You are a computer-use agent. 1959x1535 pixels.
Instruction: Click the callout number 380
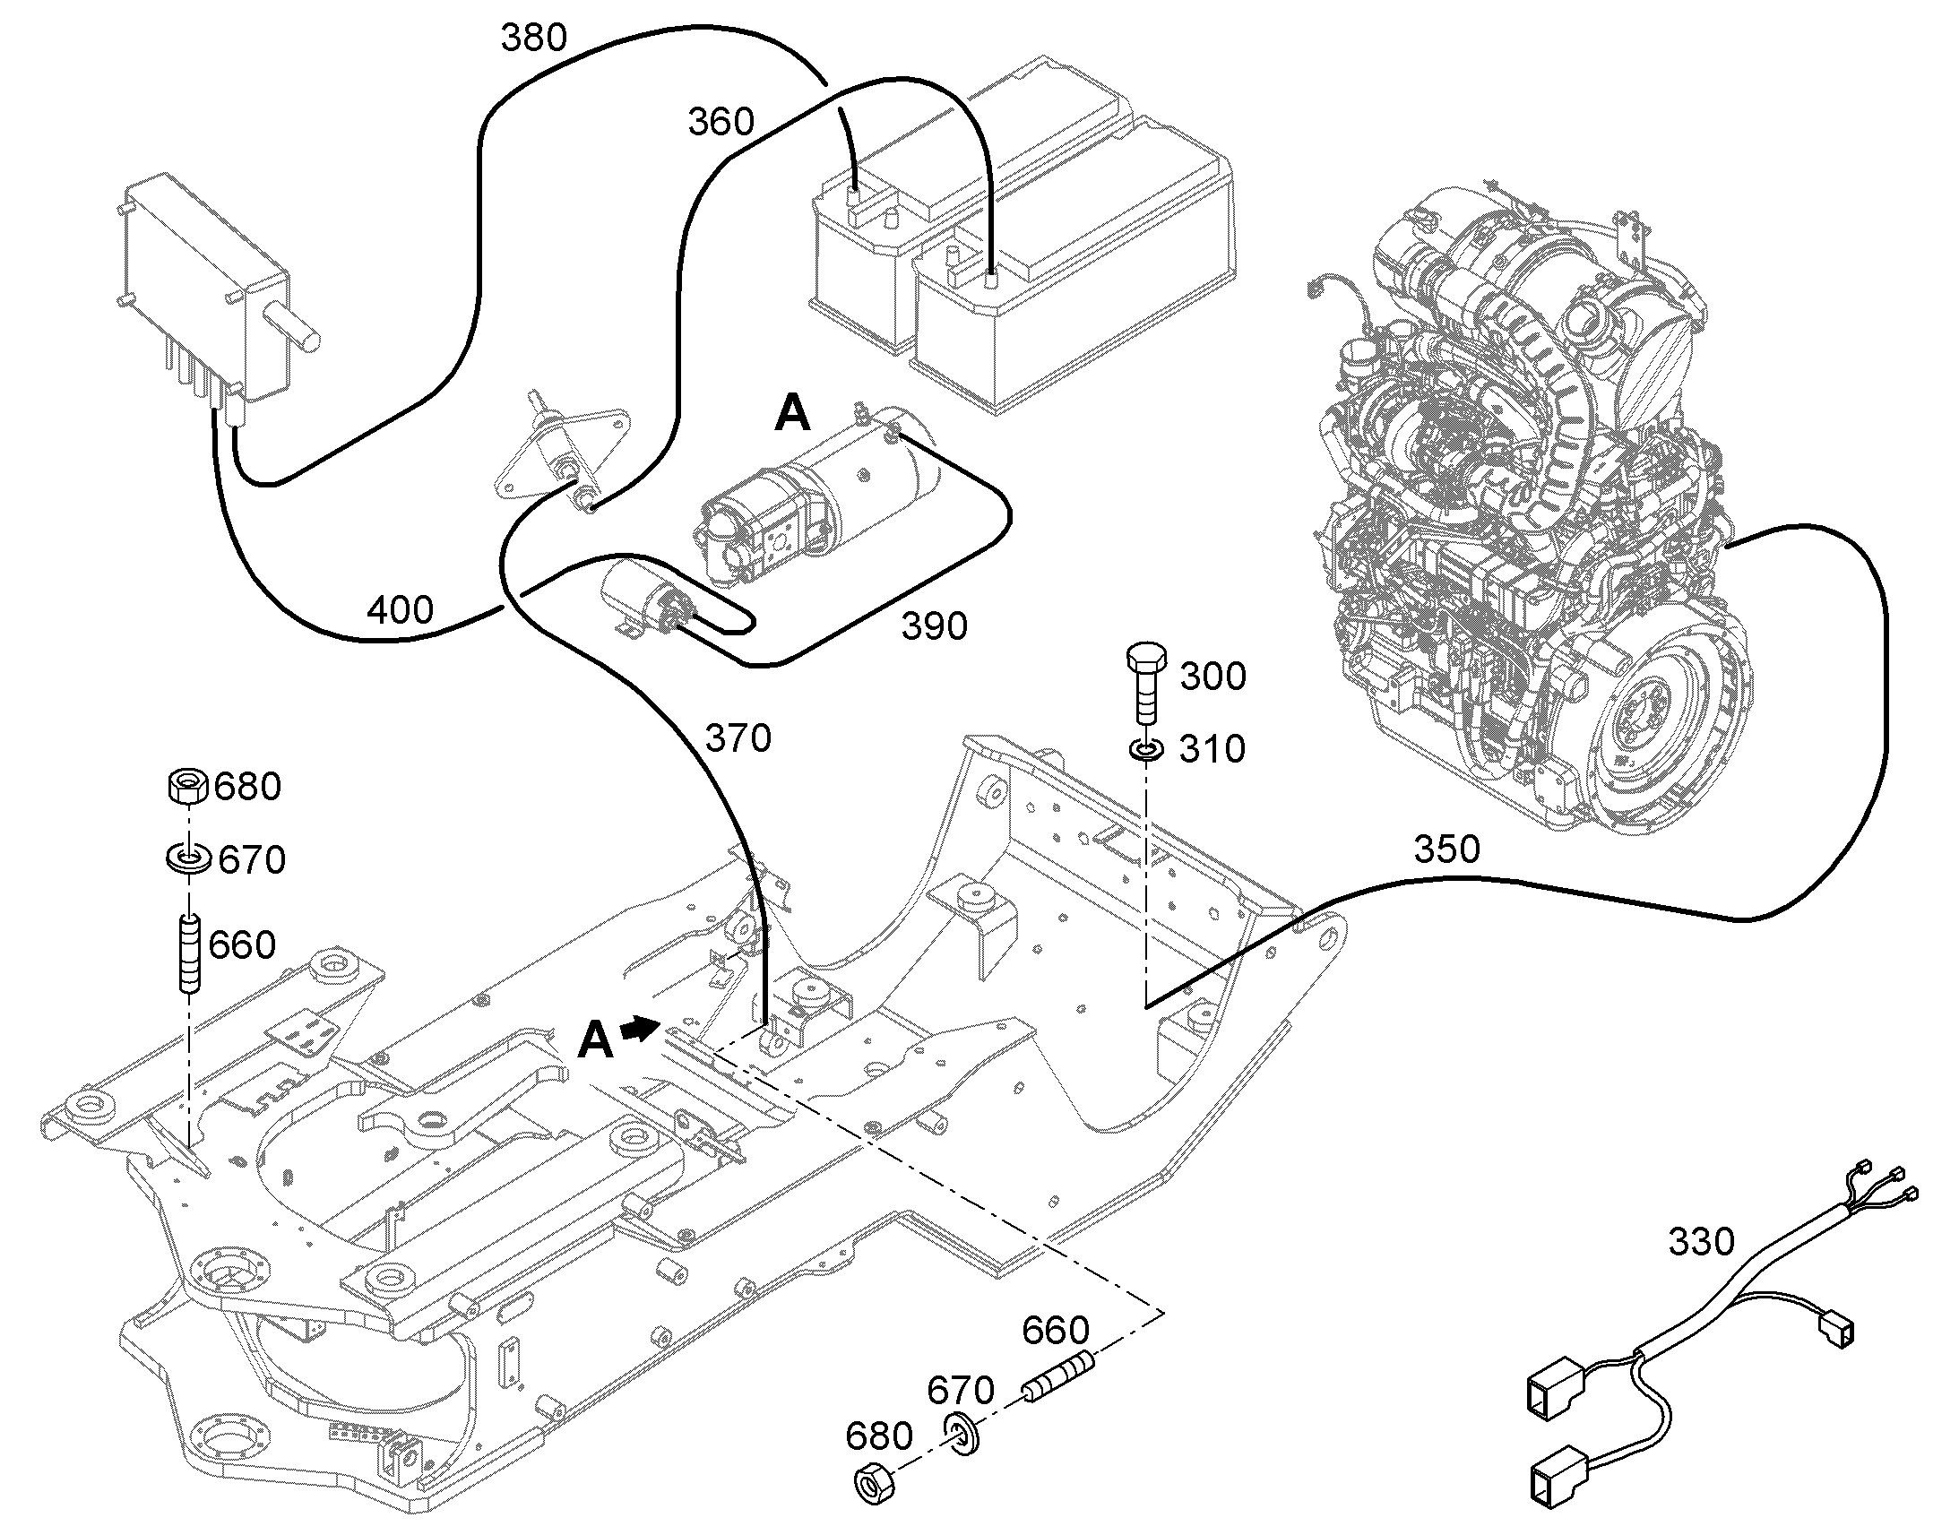coord(534,38)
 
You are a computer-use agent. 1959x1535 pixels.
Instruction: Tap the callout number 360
coord(721,121)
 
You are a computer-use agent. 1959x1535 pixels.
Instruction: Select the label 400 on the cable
coord(400,610)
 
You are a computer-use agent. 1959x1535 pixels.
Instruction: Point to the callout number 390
coord(935,626)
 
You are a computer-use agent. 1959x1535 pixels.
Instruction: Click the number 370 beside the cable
coord(738,738)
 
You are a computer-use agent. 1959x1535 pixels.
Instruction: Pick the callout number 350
coord(1446,849)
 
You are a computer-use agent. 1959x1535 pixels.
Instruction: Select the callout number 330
coord(1701,1242)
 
